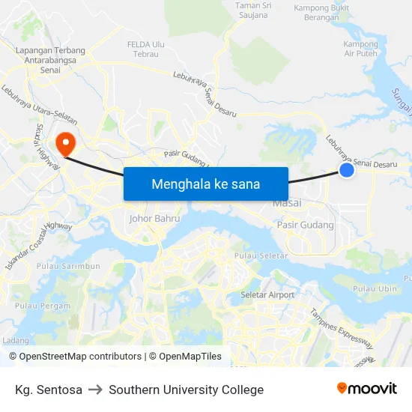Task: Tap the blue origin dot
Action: pos(347,171)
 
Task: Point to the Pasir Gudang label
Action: pos(306,225)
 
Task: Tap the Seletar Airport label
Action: pos(267,295)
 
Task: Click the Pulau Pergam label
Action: pos(43,306)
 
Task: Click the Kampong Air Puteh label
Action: pos(360,49)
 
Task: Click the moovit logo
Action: pos(367,389)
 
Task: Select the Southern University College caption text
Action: pos(187,390)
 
